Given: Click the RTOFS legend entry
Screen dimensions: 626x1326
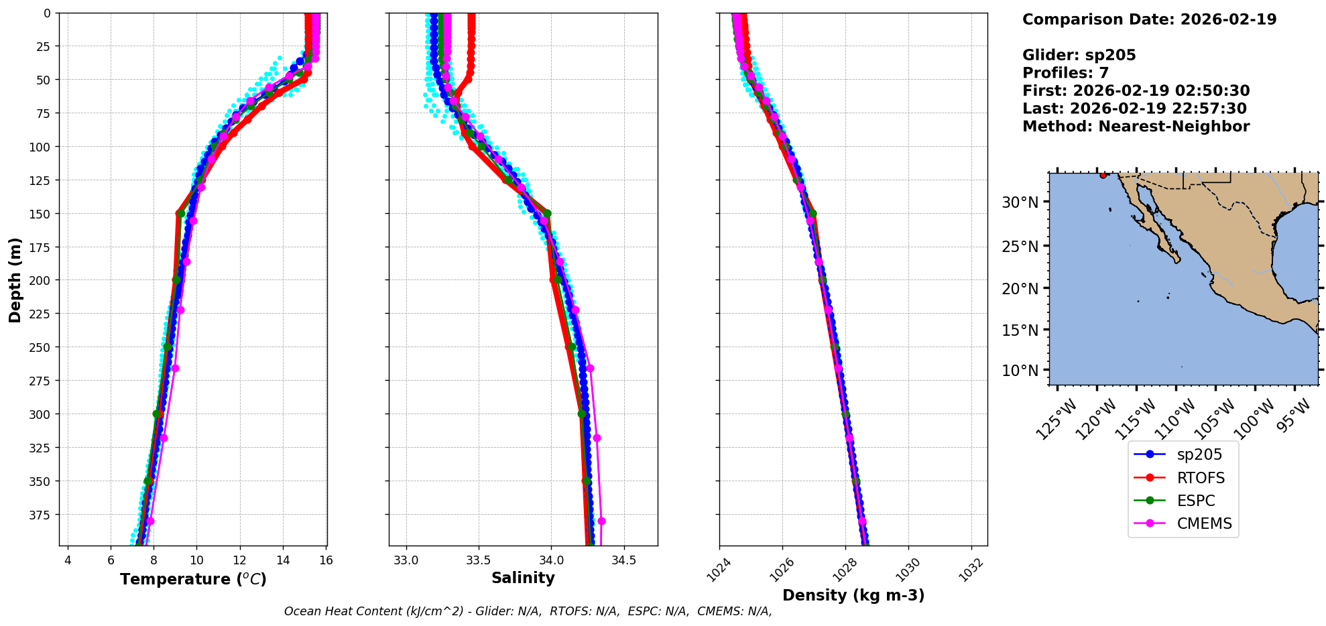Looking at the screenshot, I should tap(1200, 478).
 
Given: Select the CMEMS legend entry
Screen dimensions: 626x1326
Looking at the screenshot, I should tap(1204, 523).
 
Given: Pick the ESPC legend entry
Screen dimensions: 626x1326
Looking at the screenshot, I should tap(1195, 501).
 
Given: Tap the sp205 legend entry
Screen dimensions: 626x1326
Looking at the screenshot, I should tap(1199, 454).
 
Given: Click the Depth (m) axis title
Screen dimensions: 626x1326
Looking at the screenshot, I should tap(15, 279).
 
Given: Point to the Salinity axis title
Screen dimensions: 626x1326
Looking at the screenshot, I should tap(523, 578).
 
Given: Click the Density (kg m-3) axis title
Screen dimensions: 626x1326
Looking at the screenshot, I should tap(853, 595).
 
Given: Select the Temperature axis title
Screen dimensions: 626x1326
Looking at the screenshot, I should tap(193, 579).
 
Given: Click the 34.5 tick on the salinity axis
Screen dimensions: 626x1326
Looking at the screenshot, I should tap(624, 560).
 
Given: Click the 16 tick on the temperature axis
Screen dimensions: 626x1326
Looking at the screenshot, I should tap(326, 560).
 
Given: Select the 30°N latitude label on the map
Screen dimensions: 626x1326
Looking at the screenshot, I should tap(1020, 202).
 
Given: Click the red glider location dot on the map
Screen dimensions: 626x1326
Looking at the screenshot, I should tap(1103, 176).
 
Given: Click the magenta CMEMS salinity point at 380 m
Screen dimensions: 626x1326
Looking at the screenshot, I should tap(601, 521).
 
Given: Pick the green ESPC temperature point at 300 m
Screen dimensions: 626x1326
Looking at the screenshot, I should tap(157, 414).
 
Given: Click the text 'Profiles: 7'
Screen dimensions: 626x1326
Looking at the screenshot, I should tap(1065, 73).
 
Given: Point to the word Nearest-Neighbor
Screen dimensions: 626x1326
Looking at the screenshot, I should tap(1174, 127).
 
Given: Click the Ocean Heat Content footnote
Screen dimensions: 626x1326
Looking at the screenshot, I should tap(528, 611).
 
